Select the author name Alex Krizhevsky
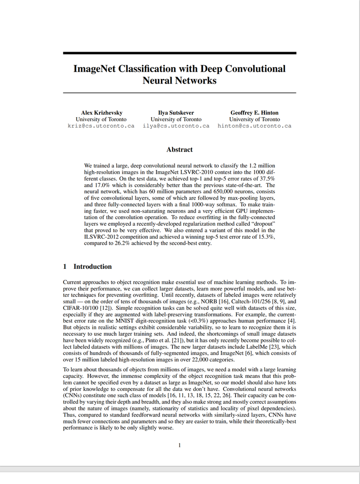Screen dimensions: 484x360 pos(101,113)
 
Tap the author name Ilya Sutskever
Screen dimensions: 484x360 pos(176,113)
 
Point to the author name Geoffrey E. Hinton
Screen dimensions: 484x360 pos(254,113)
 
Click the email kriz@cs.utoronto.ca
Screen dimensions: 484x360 pos(101,126)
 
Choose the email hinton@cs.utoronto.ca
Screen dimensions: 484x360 pos(254,126)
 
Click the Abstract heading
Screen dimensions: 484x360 pos(179,150)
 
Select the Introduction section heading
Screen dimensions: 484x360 pos(92,267)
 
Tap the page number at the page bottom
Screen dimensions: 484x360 pos(179,444)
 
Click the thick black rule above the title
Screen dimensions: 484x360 pos(179,53)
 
